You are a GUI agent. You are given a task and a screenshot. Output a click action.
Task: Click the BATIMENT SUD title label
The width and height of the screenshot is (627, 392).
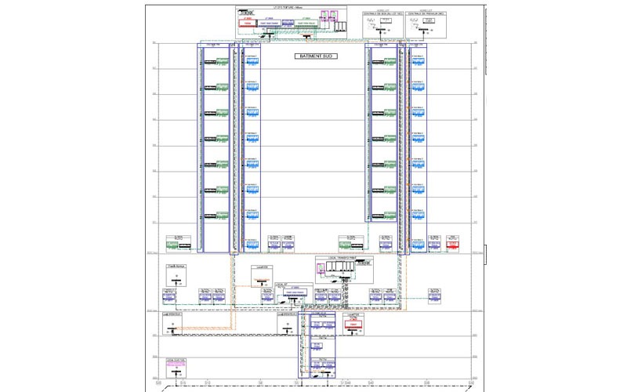[x=316, y=57]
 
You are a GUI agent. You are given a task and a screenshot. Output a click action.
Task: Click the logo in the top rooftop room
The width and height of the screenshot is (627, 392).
[x=248, y=13]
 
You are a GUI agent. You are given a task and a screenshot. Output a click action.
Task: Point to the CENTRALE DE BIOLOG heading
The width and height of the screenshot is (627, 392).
[x=382, y=14]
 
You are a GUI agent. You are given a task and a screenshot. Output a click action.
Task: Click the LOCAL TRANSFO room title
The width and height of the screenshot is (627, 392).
[x=341, y=258]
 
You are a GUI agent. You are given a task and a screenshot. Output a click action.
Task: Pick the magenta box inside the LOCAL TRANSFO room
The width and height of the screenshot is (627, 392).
[x=321, y=269]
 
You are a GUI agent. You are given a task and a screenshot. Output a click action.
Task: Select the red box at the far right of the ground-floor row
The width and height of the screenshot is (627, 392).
[x=452, y=245]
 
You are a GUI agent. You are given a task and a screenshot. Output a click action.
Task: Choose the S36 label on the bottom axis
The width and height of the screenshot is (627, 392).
[x=427, y=383]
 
